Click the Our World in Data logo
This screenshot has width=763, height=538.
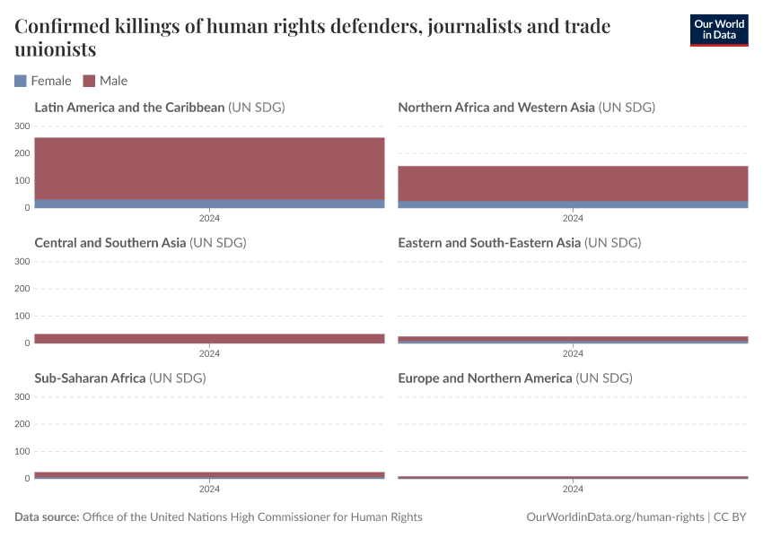(718, 30)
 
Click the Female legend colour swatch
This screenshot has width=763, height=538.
(21, 81)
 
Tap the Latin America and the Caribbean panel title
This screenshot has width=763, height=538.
(129, 108)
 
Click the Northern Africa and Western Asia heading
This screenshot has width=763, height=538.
(496, 108)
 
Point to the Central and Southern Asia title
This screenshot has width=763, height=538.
(110, 243)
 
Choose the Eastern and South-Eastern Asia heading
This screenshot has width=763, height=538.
(489, 243)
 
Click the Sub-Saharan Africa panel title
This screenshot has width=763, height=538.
(90, 378)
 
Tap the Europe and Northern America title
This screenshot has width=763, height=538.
(485, 378)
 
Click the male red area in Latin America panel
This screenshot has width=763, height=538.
(209, 169)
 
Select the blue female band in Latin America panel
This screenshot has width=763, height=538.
(209, 204)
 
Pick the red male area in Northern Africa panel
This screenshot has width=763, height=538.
(573, 184)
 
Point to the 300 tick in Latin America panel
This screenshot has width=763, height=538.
(22, 126)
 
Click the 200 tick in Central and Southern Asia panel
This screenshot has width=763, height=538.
(22, 289)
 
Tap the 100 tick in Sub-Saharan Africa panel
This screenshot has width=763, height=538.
(22, 451)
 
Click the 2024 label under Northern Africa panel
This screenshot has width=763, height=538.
(573, 218)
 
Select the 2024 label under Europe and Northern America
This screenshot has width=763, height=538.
(573, 489)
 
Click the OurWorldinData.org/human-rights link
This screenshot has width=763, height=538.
(615, 517)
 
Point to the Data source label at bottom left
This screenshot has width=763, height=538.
(47, 517)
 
